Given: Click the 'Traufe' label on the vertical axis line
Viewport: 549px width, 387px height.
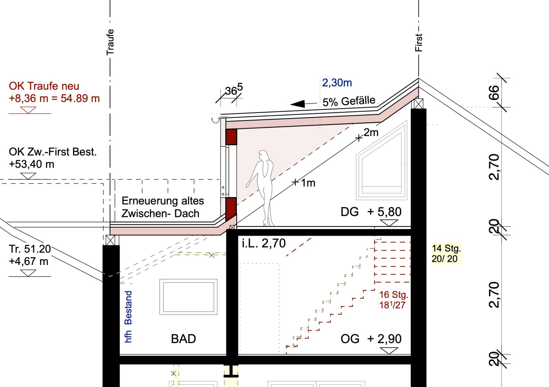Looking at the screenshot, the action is point(110,42).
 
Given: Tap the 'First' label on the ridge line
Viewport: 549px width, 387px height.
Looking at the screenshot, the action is point(419,42).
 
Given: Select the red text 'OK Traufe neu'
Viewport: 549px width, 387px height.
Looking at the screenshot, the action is point(44,86).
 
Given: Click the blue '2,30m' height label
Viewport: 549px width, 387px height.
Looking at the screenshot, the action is point(337,83).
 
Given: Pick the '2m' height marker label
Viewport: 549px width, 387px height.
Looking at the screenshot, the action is point(371,132).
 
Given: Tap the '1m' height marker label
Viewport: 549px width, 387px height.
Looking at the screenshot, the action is point(308,183).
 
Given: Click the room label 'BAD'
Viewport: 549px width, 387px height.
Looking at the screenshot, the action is point(183,339).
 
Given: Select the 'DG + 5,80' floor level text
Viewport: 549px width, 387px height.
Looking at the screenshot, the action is point(371,212).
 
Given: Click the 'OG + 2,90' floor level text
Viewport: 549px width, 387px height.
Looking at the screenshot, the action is point(371,339).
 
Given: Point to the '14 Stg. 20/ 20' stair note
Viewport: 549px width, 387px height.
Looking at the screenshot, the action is point(446,253).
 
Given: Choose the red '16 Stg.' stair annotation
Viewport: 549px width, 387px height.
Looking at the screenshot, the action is point(393,295).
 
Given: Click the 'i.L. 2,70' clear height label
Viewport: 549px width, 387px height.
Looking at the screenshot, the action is point(264,243).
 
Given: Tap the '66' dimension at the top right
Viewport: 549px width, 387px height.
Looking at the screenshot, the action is point(494,92).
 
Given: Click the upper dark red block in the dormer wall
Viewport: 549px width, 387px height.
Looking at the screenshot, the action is point(231,137).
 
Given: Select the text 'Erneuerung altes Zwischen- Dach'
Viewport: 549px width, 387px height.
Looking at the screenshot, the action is point(163,207).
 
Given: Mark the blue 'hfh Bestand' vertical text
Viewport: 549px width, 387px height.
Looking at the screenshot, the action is point(128,316).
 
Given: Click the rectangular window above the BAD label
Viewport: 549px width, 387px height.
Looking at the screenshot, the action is point(188,297).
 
